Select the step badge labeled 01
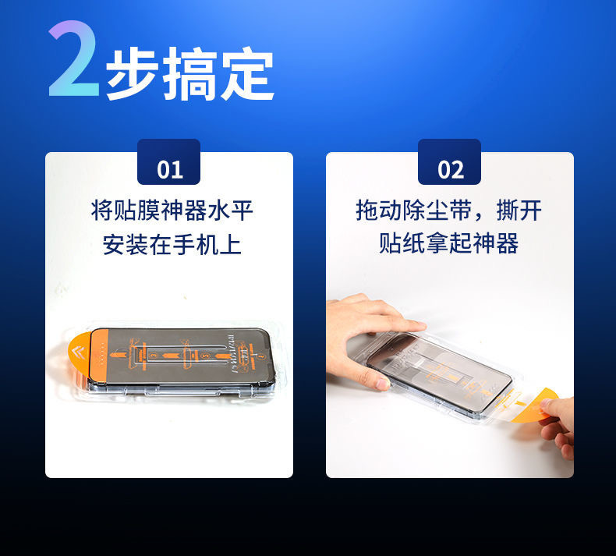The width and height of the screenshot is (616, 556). (x=169, y=166)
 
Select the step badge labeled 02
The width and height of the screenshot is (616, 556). (x=450, y=166)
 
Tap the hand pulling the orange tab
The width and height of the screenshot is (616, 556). (x=560, y=421)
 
